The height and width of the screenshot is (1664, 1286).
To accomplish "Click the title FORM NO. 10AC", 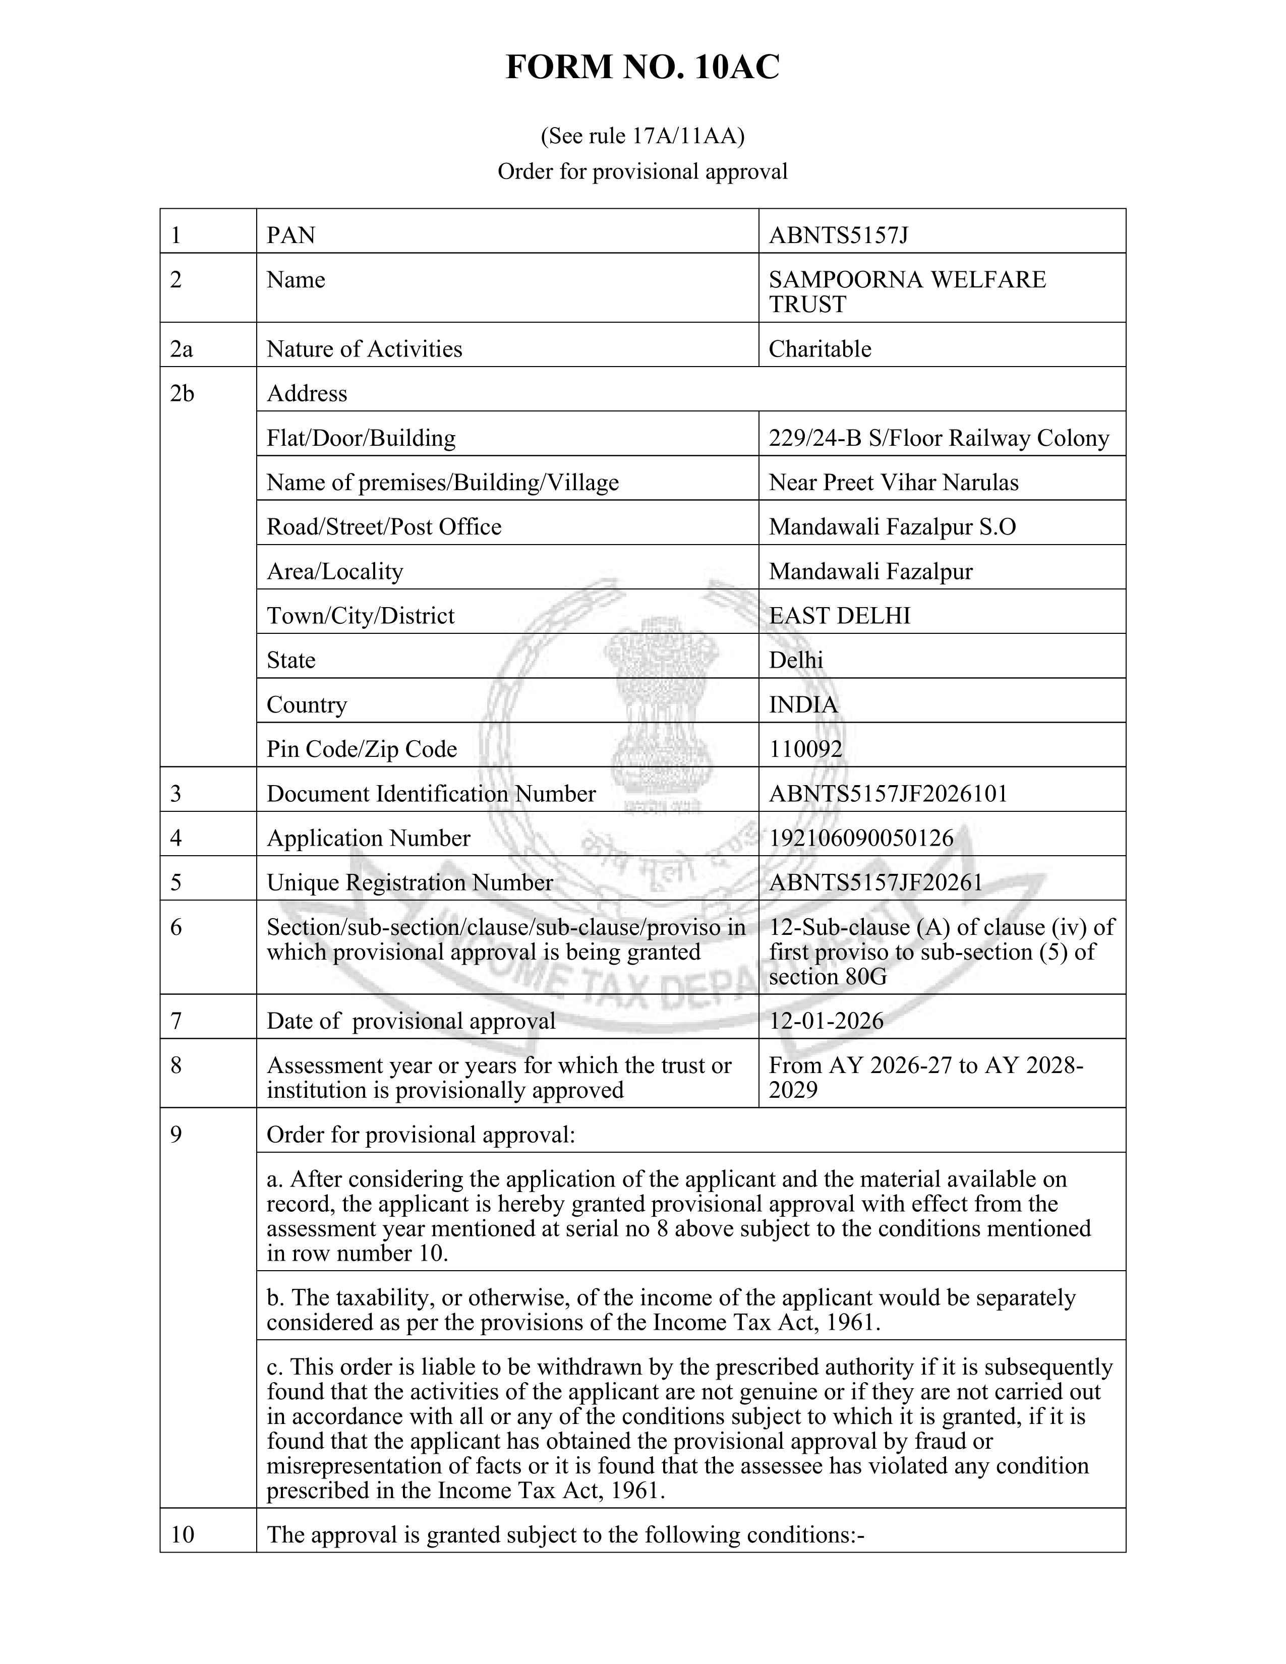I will (x=642, y=68).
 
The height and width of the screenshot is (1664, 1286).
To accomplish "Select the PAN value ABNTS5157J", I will (x=838, y=235).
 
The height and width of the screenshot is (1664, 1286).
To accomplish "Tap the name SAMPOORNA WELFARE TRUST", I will (x=907, y=292).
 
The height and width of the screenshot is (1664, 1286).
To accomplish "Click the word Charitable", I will (x=820, y=349).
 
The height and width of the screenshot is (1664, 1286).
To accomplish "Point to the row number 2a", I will (x=182, y=349).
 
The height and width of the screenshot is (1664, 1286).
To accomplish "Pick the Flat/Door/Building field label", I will (x=361, y=438).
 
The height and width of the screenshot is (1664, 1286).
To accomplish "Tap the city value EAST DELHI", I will (x=840, y=616).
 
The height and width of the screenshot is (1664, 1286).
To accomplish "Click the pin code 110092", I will (x=805, y=749).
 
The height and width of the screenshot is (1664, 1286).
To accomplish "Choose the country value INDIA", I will (x=803, y=705).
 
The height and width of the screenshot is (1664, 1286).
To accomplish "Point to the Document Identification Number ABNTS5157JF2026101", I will (x=888, y=794).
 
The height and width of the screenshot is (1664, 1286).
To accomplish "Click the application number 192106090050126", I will (x=861, y=838).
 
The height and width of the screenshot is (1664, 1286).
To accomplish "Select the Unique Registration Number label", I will (x=409, y=882).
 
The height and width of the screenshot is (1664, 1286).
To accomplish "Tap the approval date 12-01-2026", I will (x=826, y=1021).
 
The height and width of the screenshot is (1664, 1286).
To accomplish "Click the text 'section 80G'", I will (x=828, y=976).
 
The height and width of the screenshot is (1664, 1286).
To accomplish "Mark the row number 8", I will (x=176, y=1065).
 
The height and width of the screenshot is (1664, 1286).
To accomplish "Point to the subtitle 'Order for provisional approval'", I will (x=642, y=171).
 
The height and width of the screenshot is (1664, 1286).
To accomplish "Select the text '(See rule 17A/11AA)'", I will (x=642, y=136).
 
